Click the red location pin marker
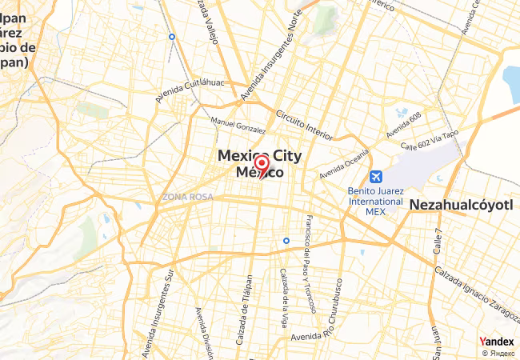261,166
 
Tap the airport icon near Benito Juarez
375,177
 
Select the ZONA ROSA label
187,196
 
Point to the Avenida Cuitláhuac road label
190,90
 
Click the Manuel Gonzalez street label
238,125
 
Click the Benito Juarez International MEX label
375,201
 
